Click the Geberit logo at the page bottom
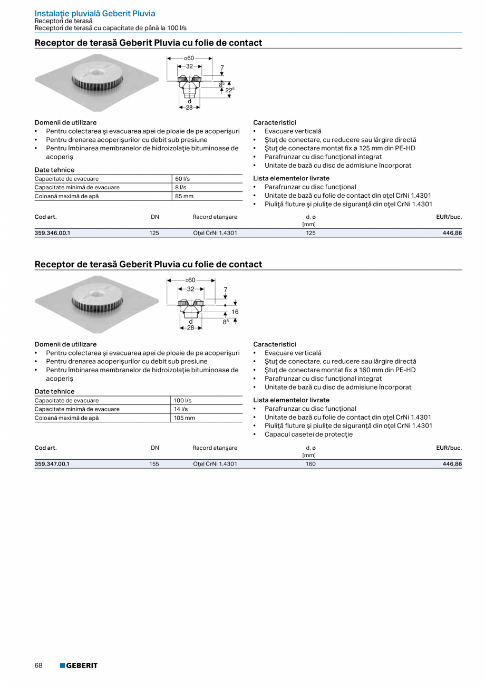point(79,665)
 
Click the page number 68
point(38,665)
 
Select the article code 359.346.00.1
point(52,233)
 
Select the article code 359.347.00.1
point(52,464)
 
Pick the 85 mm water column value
point(184,196)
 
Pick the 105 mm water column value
point(185,418)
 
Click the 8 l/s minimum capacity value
point(181,187)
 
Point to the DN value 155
point(154,464)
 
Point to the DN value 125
point(154,233)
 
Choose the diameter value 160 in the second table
point(311,464)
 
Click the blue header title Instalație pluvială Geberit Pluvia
point(95,14)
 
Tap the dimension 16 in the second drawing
point(235,312)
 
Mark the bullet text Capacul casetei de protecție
point(308,434)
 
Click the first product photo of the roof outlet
point(96,82)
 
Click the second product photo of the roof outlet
point(96,304)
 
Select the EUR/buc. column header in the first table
point(449,217)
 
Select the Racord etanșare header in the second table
point(215,448)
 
